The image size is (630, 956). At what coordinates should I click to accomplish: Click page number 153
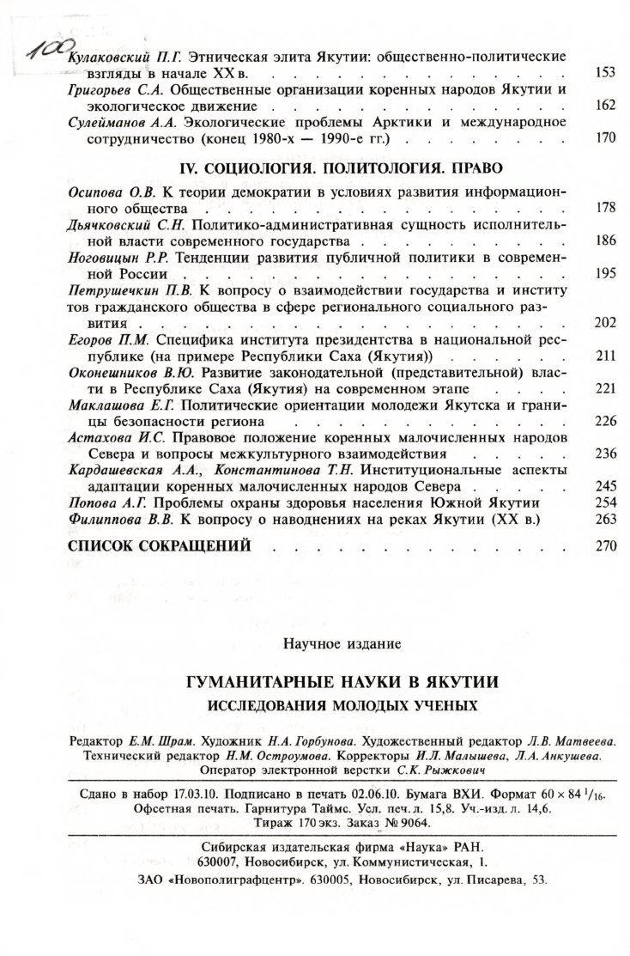[x=605, y=73]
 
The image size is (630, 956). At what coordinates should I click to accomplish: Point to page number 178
[x=605, y=208]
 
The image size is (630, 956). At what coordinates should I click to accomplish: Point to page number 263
[x=605, y=519]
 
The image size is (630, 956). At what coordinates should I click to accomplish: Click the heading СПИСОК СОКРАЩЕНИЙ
[x=159, y=545]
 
